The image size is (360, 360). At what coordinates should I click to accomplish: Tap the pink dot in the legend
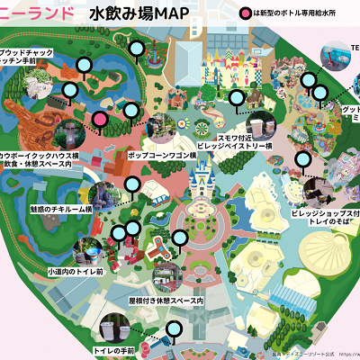[x=245, y=15]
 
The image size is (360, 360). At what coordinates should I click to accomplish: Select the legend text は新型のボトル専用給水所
[x=301, y=15]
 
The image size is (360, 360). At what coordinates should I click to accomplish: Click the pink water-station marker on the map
[x=101, y=118]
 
